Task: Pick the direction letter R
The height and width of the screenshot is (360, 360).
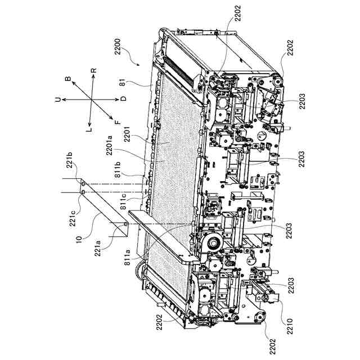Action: (x=94, y=71)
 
